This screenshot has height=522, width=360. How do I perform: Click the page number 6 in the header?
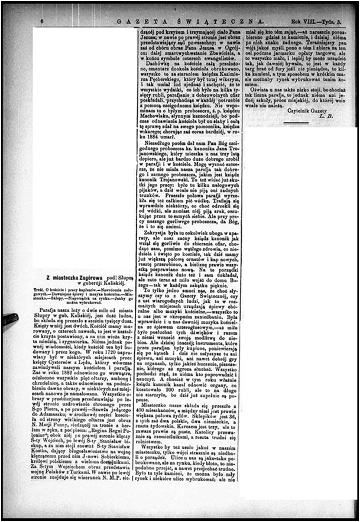(x=43, y=20)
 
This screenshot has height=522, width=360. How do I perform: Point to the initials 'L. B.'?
(x=326, y=116)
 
